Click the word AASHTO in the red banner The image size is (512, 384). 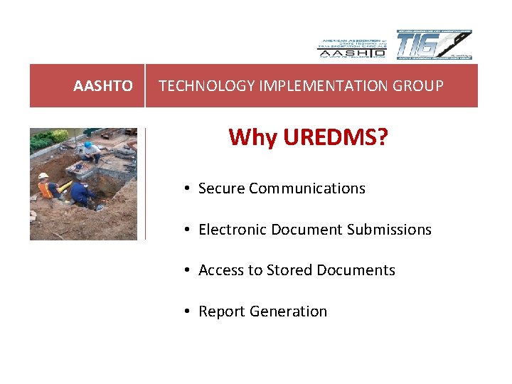(x=103, y=86)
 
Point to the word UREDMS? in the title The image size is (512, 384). (x=336, y=137)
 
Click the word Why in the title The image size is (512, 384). (x=253, y=137)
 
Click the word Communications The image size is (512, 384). (x=307, y=188)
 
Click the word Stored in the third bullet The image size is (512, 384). (x=289, y=270)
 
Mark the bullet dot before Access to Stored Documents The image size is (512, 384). (x=185, y=270)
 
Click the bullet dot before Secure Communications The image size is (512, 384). (x=185, y=188)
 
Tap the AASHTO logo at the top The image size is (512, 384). (x=351, y=47)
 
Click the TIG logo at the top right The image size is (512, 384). (x=433, y=46)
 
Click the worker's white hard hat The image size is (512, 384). (x=43, y=176)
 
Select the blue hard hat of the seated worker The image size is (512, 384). (x=87, y=144)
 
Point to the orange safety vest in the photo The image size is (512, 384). (x=47, y=190)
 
